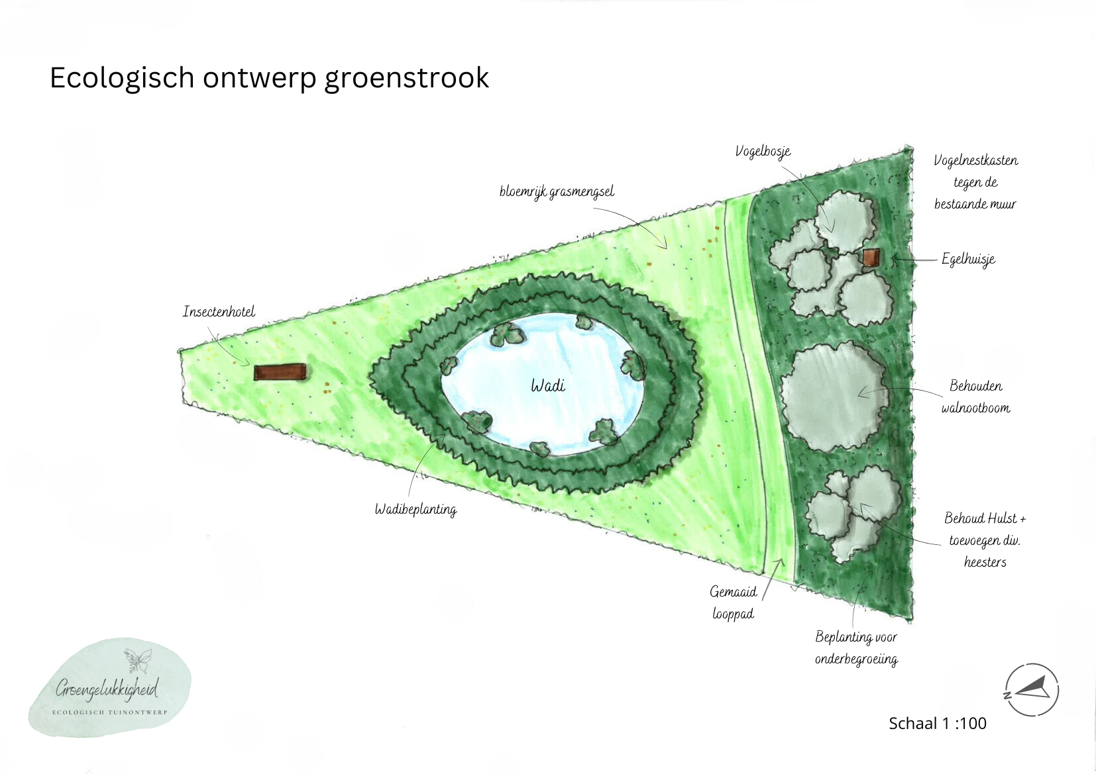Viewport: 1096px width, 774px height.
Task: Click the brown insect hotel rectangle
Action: [x=280, y=373]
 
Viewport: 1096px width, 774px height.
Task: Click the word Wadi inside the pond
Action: [x=548, y=385]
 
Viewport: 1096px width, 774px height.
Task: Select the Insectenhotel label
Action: [x=219, y=312]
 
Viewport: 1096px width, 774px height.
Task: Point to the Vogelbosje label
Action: [x=763, y=152]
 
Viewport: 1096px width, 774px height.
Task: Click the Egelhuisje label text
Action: [x=968, y=259]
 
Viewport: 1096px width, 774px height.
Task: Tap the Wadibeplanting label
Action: [x=415, y=509]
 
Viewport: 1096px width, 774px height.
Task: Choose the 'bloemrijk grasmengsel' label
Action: [x=557, y=192]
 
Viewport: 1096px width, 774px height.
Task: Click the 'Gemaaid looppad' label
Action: [x=733, y=603]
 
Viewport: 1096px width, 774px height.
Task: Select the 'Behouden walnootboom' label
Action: [x=975, y=397]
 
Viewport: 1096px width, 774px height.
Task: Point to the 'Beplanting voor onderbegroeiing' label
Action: [x=856, y=648]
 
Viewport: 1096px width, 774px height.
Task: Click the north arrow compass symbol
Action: [x=1031, y=690]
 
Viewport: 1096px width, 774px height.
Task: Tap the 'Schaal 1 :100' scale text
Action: [x=937, y=723]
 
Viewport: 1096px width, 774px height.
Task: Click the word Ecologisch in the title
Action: [x=122, y=78]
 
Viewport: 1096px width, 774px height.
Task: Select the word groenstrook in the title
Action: [x=406, y=78]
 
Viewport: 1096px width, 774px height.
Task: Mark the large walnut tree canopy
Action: [x=834, y=395]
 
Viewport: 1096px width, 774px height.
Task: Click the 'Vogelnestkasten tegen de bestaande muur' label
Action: [x=975, y=182]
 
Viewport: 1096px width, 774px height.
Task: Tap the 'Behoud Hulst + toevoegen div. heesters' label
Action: [x=985, y=540]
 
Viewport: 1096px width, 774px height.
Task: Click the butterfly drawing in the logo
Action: [x=138, y=660]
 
